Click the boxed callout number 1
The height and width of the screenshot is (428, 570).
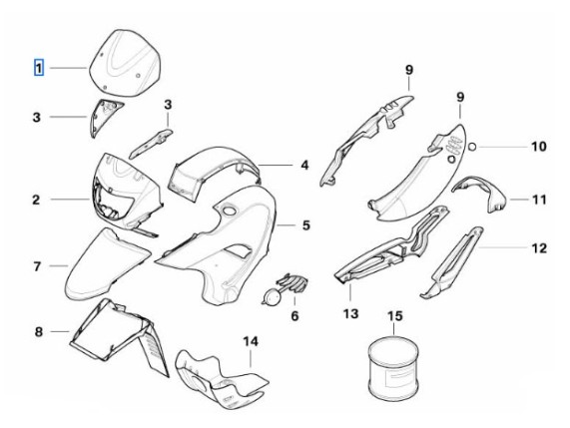tap(39, 68)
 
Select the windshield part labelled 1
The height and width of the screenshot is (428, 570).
tap(125, 63)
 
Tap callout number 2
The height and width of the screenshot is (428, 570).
tap(36, 200)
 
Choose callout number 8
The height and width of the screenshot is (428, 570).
tap(39, 331)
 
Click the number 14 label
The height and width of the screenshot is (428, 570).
tap(251, 341)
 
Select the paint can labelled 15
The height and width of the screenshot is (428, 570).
tap(393, 367)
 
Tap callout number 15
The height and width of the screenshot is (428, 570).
tap(395, 315)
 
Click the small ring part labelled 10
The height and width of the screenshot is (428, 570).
tap(472, 147)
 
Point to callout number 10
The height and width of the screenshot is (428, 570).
tap(539, 147)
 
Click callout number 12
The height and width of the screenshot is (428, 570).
tap(539, 248)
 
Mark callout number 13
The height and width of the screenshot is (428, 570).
tap(350, 313)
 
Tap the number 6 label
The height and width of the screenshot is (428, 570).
tap(294, 315)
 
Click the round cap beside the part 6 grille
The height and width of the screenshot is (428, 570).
tap(272, 296)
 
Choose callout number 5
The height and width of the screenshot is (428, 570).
tap(306, 225)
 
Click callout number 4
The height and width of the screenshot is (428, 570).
tap(305, 166)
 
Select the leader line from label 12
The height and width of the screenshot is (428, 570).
tap(503, 247)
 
